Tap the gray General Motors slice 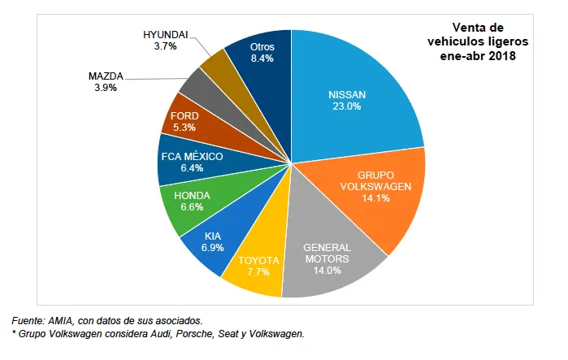pyautogui.click(x=325, y=256)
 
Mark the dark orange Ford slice pyautogui.click(x=187, y=122)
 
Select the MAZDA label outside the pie pyautogui.click(x=106, y=76)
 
